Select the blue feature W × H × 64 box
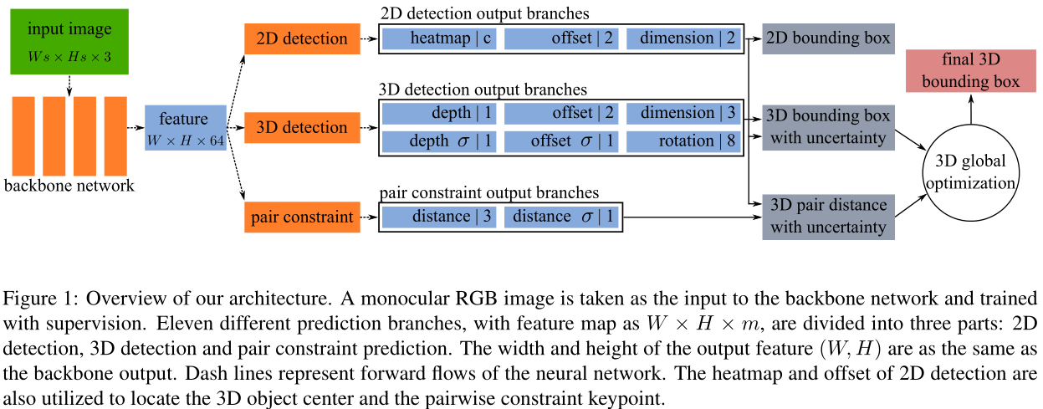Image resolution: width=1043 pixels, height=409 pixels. click(186, 128)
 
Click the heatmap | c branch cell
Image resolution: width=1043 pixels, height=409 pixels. click(439, 38)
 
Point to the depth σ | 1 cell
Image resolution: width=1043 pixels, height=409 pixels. click(439, 141)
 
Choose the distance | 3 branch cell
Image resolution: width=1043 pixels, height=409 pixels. click(441, 217)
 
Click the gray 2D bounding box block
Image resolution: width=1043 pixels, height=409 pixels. click(827, 38)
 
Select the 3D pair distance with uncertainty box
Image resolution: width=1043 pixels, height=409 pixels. click(827, 215)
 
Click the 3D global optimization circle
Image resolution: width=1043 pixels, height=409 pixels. click(970, 171)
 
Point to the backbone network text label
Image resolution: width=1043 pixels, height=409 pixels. click(69, 186)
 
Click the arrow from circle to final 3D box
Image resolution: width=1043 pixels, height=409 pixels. click(970, 108)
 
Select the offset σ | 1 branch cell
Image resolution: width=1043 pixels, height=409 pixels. click(561, 141)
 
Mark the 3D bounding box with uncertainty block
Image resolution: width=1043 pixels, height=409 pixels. click(827, 127)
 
